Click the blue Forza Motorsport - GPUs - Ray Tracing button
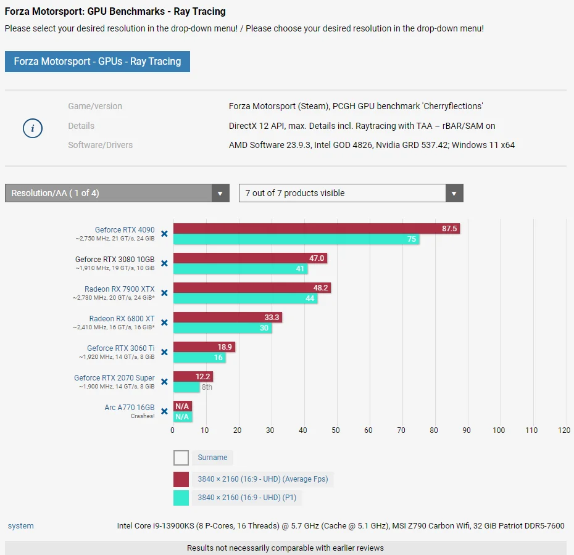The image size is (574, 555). [98, 62]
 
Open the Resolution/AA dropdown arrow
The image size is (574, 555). [220, 193]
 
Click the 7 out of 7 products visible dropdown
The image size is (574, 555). [351, 193]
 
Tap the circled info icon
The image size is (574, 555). [33, 128]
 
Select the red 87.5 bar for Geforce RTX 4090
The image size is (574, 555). [317, 229]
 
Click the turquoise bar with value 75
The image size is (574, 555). [296, 239]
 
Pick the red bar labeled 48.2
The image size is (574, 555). [252, 287]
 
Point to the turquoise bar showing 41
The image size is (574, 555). [241, 269]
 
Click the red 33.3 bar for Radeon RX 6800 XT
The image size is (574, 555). [228, 317]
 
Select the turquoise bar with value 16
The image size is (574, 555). [199, 358]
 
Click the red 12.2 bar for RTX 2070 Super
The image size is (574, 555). [193, 376]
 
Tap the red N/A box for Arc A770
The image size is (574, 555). [183, 406]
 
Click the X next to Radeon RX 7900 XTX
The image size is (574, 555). [164, 293]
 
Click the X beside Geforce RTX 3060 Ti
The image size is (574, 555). [164, 352]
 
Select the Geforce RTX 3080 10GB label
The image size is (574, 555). [115, 260]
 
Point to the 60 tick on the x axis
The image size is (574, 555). [368, 430]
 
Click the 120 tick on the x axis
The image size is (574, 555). [564, 430]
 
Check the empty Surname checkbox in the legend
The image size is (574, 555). [181, 458]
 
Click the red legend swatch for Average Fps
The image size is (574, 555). [181, 479]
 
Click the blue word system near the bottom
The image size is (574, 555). [21, 526]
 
